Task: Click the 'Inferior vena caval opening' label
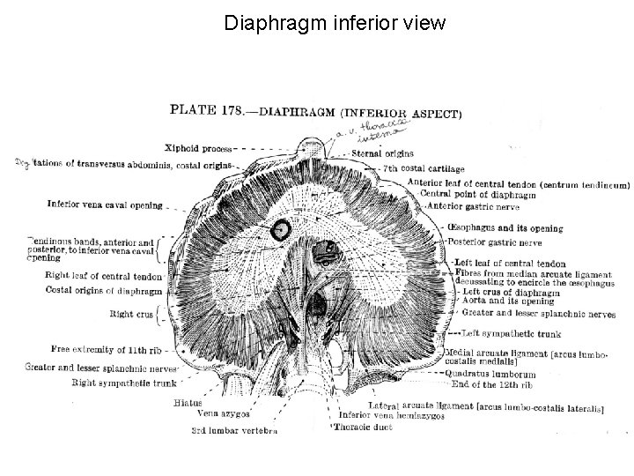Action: coord(106,205)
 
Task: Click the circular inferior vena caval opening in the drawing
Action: coord(281,229)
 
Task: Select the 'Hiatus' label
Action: coord(188,403)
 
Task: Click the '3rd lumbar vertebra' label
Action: coord(234,431)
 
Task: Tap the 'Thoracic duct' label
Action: coord(362,428)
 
